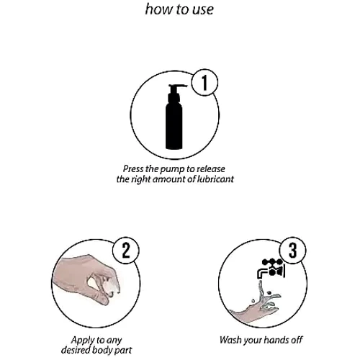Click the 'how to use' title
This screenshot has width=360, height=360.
tap(179, 9)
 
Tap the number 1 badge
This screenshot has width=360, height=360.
tap(204, 83)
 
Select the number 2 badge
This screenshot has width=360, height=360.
tap(126, 251)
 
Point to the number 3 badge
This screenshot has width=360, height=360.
tap(292, 251)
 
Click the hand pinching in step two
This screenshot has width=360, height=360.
tap(86, 279)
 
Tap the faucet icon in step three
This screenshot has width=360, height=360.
tap(271, 269)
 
